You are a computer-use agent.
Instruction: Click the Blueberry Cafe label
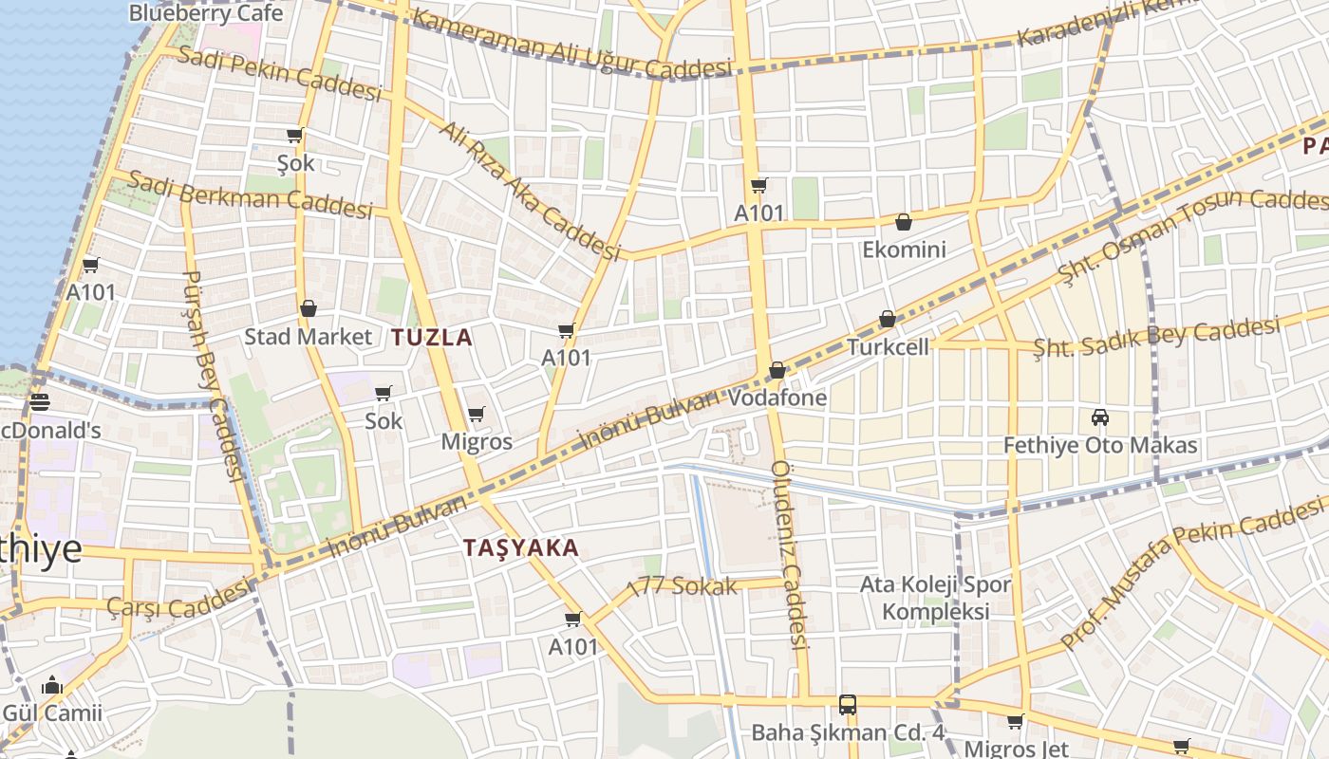[x=205, y=13]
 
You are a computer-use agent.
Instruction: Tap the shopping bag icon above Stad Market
[x=308, y=309]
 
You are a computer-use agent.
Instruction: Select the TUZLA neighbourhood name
[x=432, y=337]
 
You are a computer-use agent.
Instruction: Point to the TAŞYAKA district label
[x=521, y=547]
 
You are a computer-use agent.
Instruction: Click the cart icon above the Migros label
[x=476, y=415]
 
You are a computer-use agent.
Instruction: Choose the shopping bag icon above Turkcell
[x=887, y=320]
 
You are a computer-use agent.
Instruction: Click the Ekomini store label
[x=904, y=250]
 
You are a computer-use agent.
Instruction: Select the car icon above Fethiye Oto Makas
[x=1100, y=417]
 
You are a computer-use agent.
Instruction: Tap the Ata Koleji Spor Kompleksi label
[x=936, y=598]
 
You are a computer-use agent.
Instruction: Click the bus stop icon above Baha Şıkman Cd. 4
[x=848, y=705]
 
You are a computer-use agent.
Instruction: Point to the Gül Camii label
[x=51, y=713]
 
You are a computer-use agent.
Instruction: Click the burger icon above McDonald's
[x=39, y=402]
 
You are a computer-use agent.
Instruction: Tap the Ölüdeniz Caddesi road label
[x=789, y=555]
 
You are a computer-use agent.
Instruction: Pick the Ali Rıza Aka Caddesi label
[x=529, y=191]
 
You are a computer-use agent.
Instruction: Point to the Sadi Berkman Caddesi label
[x=250, y=194]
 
